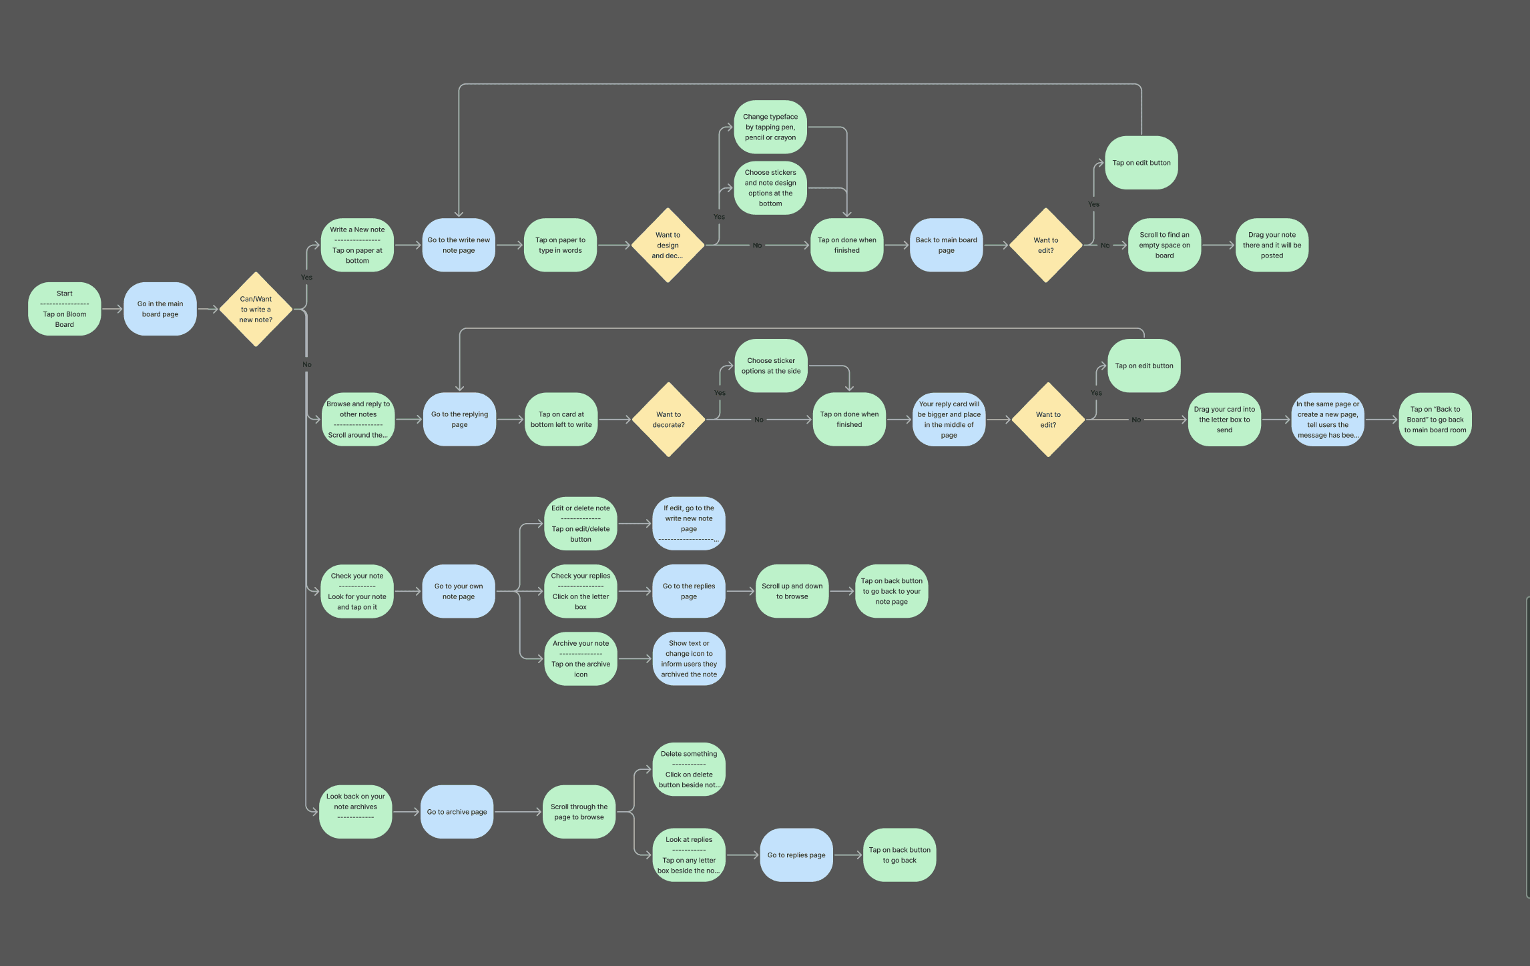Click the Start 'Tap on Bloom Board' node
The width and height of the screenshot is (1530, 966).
pyautogui.click(x=65, y=309)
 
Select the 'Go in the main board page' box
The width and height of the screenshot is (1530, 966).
pyautogui.click(x=160, y=309)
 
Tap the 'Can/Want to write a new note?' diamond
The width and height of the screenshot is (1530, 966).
pyautogui.click(x=256, y=310)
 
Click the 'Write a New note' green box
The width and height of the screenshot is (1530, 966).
pyautogui.click(x=357, y=245)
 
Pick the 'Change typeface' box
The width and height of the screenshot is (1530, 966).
pyautogui.click(x=770, y=127)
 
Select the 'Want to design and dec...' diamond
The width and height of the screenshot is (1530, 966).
pyautogui.click(x=668, y=245)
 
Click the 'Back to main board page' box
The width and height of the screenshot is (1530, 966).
pyautogui.click(x=946, y=245)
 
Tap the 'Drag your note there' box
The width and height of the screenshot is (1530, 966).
pyautogui.click(x=1272, y=245)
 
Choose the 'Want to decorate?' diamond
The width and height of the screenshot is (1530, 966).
pyautogui.click(x=668, y=420)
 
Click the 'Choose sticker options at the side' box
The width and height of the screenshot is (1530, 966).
pyautogui.click(x=771, y=366)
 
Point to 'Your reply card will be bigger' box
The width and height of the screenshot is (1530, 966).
pyautogui.click(x=949, y=420)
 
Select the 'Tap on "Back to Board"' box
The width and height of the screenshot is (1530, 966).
pyautogui.click(x=1435, y=420)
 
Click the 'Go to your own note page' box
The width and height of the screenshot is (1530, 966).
pyautogui.click(x=459, y=591)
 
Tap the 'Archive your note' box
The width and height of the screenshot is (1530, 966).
pyautogui.click(x=581, y=658)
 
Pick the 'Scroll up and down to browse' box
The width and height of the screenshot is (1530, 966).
pyautogui.click(x=792, y=591)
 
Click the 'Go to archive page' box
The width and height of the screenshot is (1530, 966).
pyautogui.click(x=457, y=812)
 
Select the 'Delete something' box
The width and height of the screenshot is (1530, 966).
pyautogui.click(x=689, y=769)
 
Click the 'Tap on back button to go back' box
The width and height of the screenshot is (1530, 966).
pyautogui.click(x=899, y=855)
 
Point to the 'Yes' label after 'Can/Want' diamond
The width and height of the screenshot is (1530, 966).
pyautogui.click(x=306, y=278)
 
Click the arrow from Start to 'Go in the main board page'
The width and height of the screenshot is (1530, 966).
pyautogui.click(x=112, y=309)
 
